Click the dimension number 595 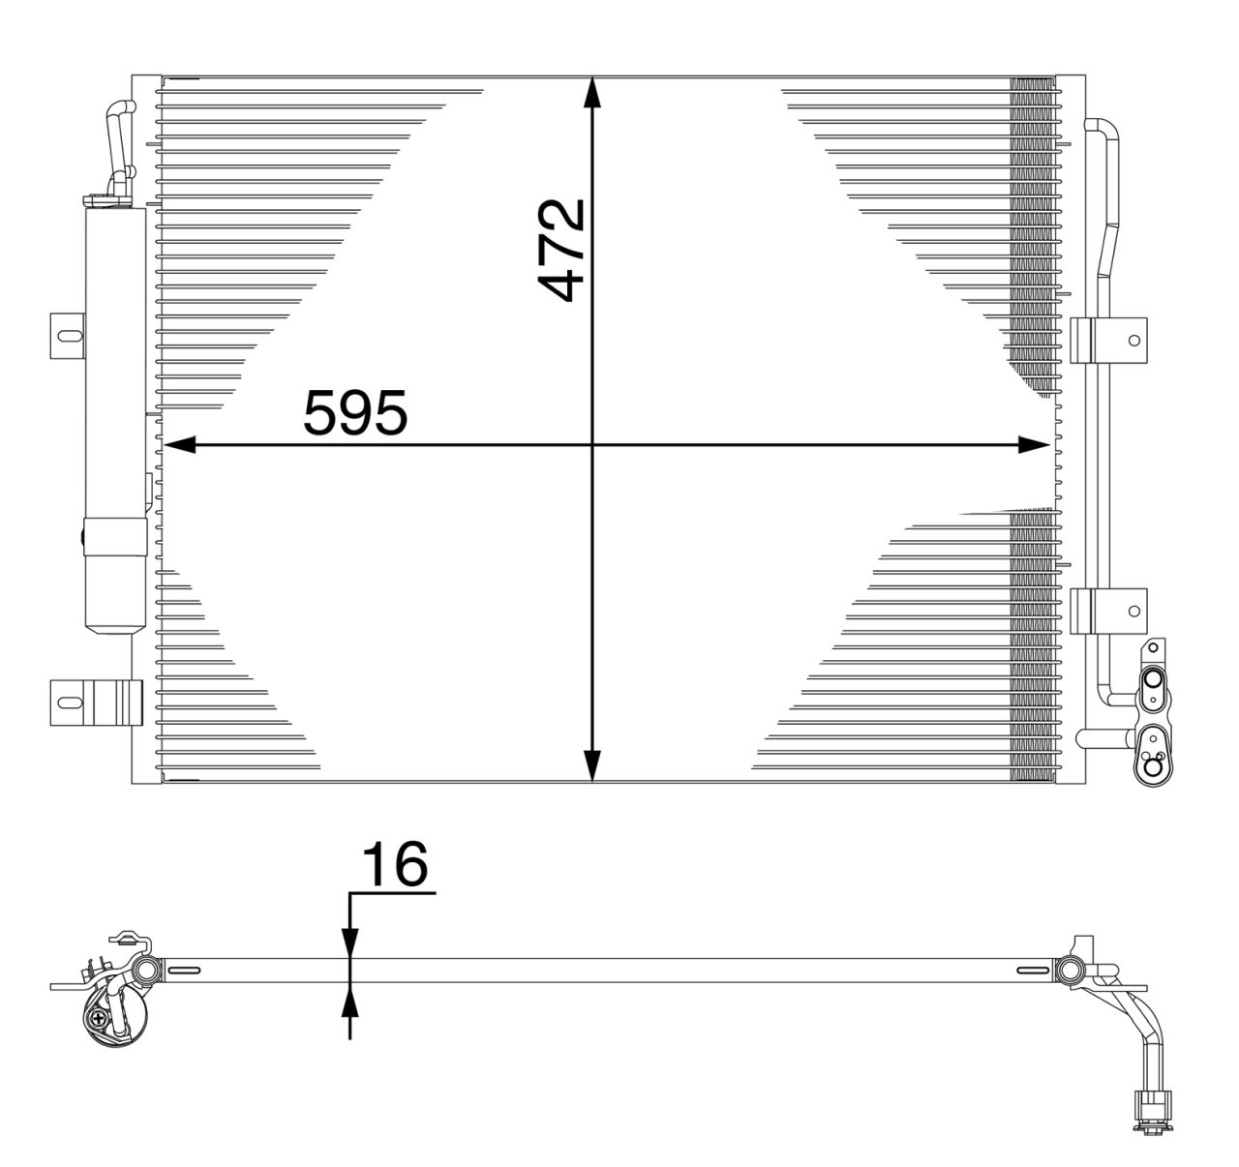(x=355, y=413)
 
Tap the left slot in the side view (x=184, y=971)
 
